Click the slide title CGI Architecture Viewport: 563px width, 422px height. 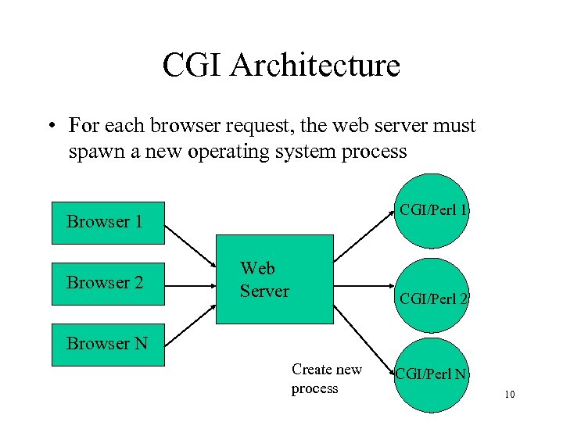(x=281, y=65)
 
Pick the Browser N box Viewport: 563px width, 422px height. (x=108, y=345)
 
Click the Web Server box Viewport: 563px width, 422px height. (x=274, y=279)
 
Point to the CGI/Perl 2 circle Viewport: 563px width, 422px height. (x=432, y=297)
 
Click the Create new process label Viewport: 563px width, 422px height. (x=326, y=378)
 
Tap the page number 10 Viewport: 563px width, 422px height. (x=509, y=395)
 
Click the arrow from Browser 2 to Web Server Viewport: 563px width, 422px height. (x=191, y=283)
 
